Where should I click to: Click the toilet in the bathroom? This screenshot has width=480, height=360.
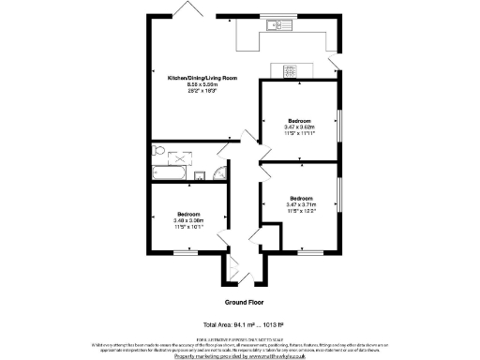158,151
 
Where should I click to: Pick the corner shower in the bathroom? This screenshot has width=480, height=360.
217,172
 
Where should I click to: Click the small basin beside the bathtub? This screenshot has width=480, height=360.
199,173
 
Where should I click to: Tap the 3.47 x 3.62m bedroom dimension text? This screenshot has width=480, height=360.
300,127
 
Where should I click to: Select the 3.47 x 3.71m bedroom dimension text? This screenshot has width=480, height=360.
301,204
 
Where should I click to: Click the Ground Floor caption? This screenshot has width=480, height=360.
241,303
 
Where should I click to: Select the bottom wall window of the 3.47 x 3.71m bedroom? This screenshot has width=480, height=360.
309,251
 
